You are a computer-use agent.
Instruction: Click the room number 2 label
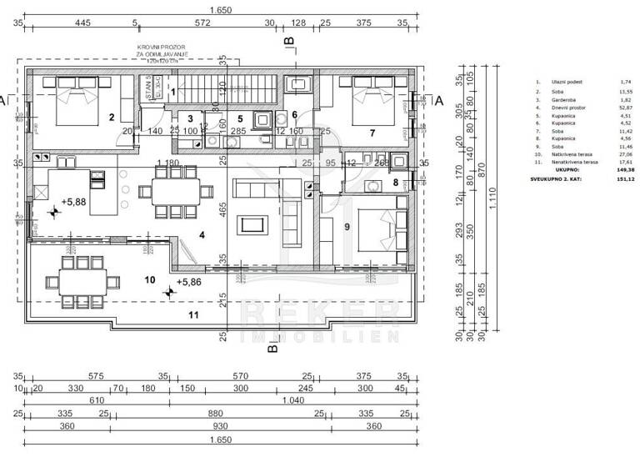111,117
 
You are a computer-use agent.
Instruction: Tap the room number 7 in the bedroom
372,133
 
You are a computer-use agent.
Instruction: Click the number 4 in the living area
202,234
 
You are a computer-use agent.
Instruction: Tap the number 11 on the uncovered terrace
193,314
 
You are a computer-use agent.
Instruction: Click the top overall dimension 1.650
220,10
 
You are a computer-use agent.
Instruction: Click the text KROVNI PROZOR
162,48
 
